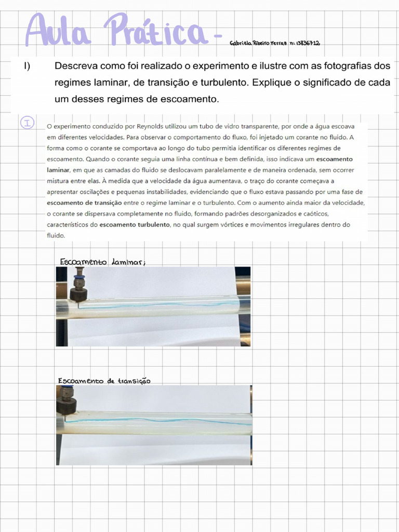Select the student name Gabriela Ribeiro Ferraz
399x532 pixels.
(x=258, y=44)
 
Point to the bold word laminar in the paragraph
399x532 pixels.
(x=58, y=169)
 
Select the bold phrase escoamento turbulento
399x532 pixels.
(x=139, y=224)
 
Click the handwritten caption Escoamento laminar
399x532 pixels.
(x=102, y=262)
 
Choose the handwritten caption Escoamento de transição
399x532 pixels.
(x=104, y=381)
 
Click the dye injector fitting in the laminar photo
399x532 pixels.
(x=79, y=286)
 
